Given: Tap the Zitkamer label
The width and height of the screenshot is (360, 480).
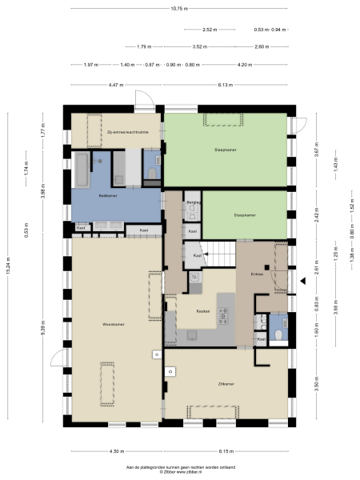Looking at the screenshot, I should pyautogui.click(x=226, y=384).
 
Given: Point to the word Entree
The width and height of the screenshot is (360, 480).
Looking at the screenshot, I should pyautogui.click(x=257, y=274).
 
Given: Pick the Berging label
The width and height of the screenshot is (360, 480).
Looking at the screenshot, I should pyautogui.click(x=192, y=203).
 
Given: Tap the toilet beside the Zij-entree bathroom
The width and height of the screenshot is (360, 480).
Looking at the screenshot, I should pyautogui.click(x=152, y=173).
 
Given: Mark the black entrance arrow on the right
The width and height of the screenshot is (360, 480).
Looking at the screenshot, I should pyautogui.click(x=304, y=280).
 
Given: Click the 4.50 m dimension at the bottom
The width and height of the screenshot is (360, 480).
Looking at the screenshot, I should pyautogui.click(x=115, y=450).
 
